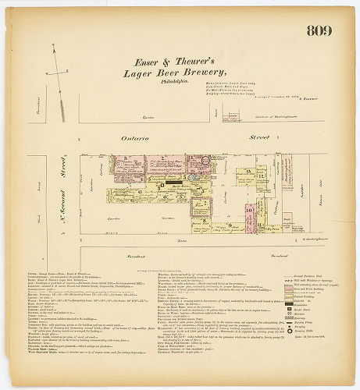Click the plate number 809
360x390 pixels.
319,31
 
